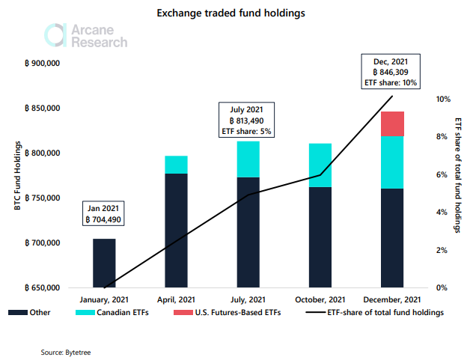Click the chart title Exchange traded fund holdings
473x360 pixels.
[x=236, y=13]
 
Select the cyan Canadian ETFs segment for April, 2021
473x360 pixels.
[x=176, y=165]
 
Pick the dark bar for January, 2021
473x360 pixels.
[x=104, y=263]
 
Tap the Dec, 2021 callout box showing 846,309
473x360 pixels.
[x=390, y=72]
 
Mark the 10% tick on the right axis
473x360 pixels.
[x=443, y=99]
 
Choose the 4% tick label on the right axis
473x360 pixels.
[x=443, y=212]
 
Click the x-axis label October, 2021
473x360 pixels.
[x=320, y=300]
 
